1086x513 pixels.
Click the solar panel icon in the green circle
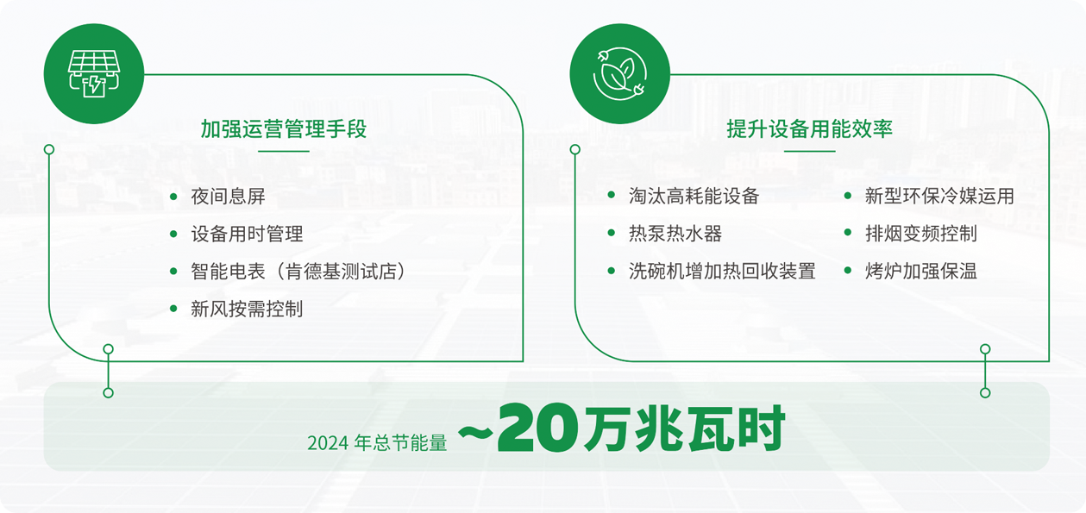[x=93, y=73]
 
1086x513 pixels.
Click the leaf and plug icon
[x=620, y=73]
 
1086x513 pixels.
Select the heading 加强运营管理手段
[x=284, y=128]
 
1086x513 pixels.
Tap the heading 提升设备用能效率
[x=810, y=128]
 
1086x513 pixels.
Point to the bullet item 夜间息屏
[x=228, y=197]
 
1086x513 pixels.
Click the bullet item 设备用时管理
[x=247, y=234]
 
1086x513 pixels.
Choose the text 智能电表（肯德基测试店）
[x=298, y=272]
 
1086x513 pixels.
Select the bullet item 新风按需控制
[x=247, y=309]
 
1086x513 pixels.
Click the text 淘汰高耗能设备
[x=694, y=196]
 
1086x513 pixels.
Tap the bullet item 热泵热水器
[x=675, y=234]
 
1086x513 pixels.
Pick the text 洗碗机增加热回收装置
[x=722, y=271]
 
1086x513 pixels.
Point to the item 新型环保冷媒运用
[x=939, y=196]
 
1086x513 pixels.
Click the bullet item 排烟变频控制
[x=921, y=234]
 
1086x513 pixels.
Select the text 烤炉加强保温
[x=921, y=271]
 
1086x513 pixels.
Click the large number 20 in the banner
[x=538, y=429]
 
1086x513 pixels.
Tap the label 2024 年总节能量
[x=377, y=443]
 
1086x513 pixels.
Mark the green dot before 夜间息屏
[x=173, y=197]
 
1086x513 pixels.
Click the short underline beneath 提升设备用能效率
[x=810, y=151]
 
